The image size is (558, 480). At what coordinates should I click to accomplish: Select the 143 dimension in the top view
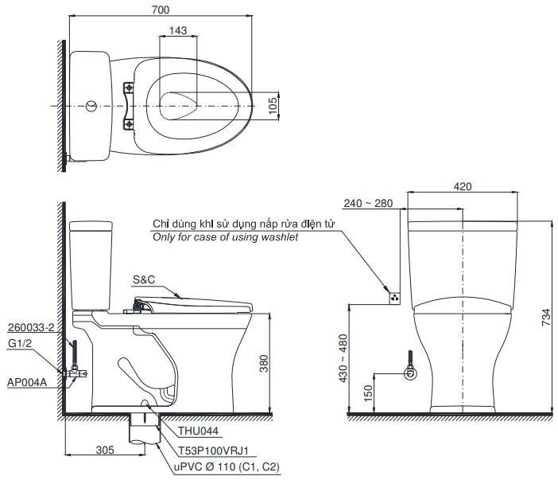point(177,30)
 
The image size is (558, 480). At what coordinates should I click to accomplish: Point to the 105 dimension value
point(273,105)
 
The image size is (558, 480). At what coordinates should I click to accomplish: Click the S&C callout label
point(145,279)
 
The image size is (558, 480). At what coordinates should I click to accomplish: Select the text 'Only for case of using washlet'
point(226,238)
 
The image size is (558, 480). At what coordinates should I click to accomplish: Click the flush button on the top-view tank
point(92,105)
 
